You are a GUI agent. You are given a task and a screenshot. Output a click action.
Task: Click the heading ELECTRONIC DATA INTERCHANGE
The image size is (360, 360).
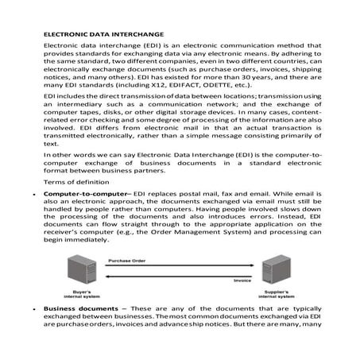tap(103, 36)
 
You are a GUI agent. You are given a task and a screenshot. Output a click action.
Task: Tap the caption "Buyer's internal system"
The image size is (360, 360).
tap(89, 294)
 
